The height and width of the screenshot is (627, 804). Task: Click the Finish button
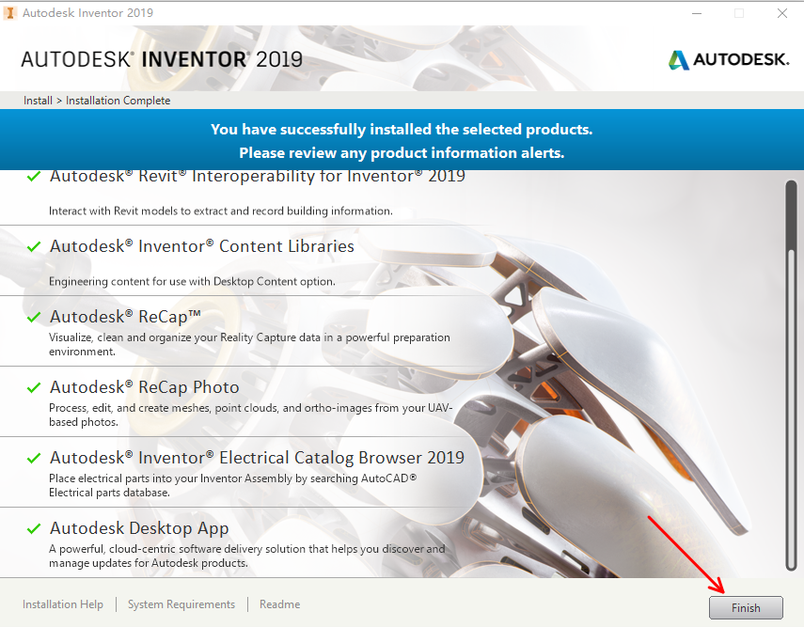746,607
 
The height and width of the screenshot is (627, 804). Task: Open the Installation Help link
63,604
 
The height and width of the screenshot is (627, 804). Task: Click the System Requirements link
181,604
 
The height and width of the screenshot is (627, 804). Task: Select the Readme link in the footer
279,604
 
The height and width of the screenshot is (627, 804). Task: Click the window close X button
781,13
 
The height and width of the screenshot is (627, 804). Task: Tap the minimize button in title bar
696,13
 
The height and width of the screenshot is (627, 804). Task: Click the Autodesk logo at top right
729,59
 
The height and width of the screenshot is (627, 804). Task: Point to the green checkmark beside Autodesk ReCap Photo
34,387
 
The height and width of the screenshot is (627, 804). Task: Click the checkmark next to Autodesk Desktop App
34,528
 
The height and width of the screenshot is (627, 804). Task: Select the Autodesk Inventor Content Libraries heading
201,246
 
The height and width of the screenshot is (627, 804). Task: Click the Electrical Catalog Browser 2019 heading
257,458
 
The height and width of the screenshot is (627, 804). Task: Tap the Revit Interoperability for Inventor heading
257,176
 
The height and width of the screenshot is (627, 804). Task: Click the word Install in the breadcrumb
37,101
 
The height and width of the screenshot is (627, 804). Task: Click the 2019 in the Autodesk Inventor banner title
277,59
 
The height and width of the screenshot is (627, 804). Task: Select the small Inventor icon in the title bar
10,13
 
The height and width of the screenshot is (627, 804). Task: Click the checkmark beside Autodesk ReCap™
34,317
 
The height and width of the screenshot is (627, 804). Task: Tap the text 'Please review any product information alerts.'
402,152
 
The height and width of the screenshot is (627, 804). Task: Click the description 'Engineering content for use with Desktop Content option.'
192,281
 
